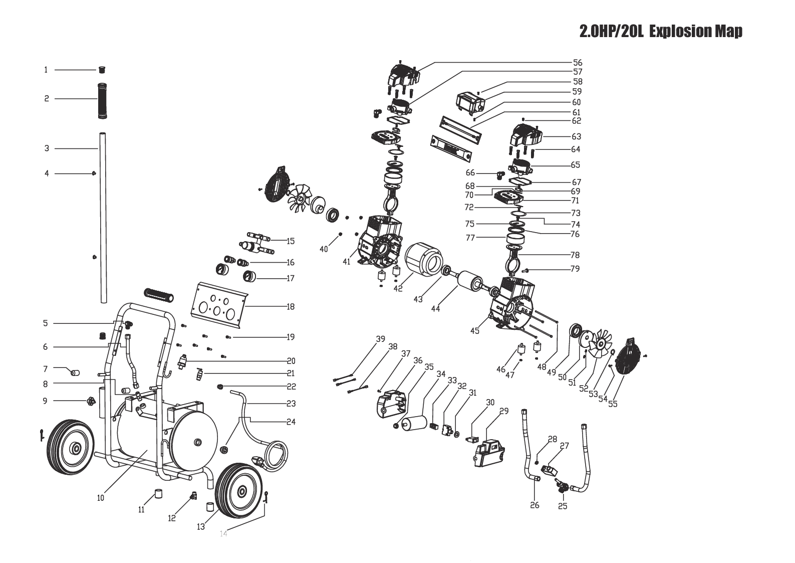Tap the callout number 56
point(578,63)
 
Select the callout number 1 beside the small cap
point(46,70)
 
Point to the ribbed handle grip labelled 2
point(102,101)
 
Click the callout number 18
point(291,306)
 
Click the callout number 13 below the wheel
point(201,526)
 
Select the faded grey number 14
point(223,533)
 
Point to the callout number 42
point(398,288)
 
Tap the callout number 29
point(504,411)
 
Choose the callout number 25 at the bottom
point(563,506)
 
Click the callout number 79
point(575,269)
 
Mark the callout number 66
point(470,172)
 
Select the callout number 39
point(380,339)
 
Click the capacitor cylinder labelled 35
point(415,423)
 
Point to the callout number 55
point(613,404)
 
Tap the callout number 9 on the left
point(45,401)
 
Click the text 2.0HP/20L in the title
point(612,31)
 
